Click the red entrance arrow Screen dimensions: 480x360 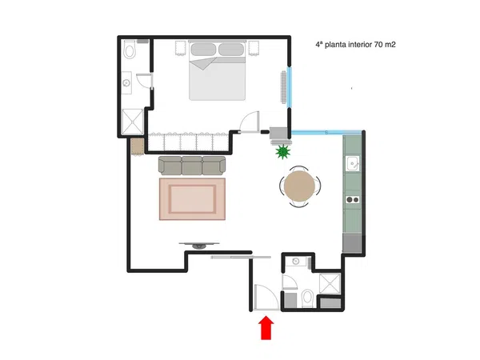(x=266, y=328)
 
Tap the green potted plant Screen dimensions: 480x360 (x=282, y=152)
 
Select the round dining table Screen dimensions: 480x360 (x=299, y=186)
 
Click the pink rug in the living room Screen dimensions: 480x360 (x=192, y=199)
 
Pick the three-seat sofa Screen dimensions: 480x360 (x=192, y=166)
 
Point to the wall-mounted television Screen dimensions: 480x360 (x=199, y=246)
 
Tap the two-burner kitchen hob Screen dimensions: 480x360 (x=353, y=200)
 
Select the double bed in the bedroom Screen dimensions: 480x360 (x=218, y=70)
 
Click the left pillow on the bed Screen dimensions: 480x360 (x=203, y=50)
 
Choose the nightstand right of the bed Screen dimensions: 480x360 (x=254, y=48)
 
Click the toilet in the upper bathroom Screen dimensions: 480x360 (x=130, y=50)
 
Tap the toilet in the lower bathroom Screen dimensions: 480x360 (x=306, y=299)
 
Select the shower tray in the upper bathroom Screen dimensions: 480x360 (x=132, y=122)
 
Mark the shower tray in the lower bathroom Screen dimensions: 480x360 (x=330, y=283)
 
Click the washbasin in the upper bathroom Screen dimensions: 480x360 (x=126, y=82)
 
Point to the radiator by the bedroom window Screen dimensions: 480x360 (x=284, y=87)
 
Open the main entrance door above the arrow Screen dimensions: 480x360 (x=266, y=297)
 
